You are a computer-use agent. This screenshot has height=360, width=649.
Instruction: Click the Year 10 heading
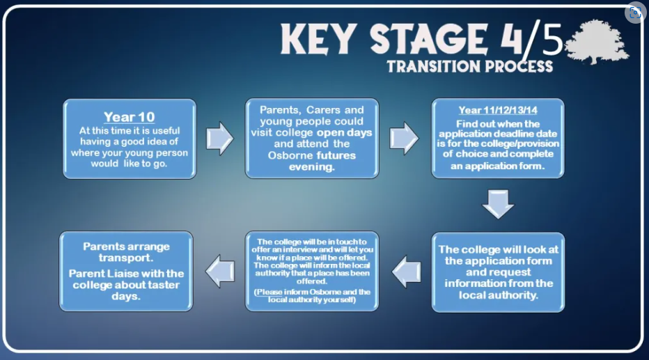tap(129, 117)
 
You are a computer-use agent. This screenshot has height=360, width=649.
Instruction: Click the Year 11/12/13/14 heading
tap(498, 110)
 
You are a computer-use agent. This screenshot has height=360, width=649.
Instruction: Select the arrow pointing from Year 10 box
tap(219, 138)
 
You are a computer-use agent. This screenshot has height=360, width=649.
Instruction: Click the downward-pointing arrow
tap(497, 203)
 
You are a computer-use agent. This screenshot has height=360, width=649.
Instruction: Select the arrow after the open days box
tap(404, 138)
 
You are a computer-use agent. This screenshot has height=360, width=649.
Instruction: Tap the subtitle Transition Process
tap(469, 67)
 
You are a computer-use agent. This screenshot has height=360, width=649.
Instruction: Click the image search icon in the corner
tap(634, 13)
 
